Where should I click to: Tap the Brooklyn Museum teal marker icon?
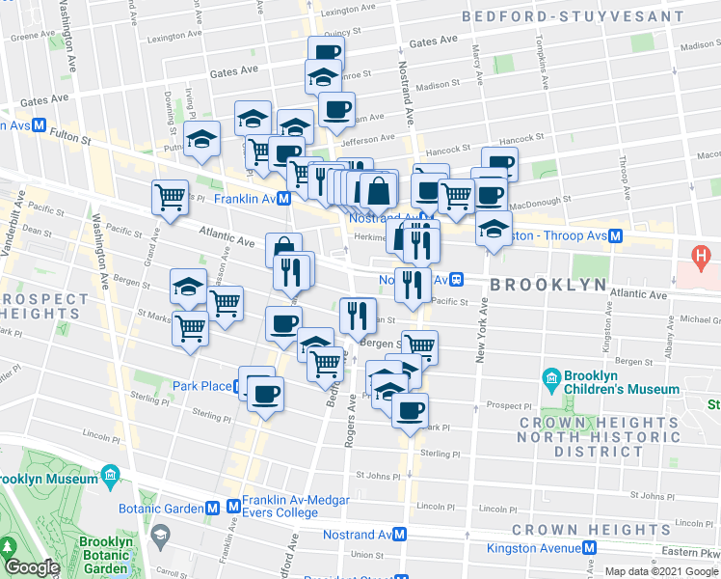pos(110,478)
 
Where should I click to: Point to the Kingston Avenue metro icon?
pos(588,548)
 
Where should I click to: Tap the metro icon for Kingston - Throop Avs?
pos(614,235)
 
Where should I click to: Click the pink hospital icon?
pos(702,257)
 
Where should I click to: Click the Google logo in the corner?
pos(32,567)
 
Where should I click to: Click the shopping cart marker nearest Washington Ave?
pos(170,197)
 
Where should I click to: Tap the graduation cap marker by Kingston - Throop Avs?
pos(493,229)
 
